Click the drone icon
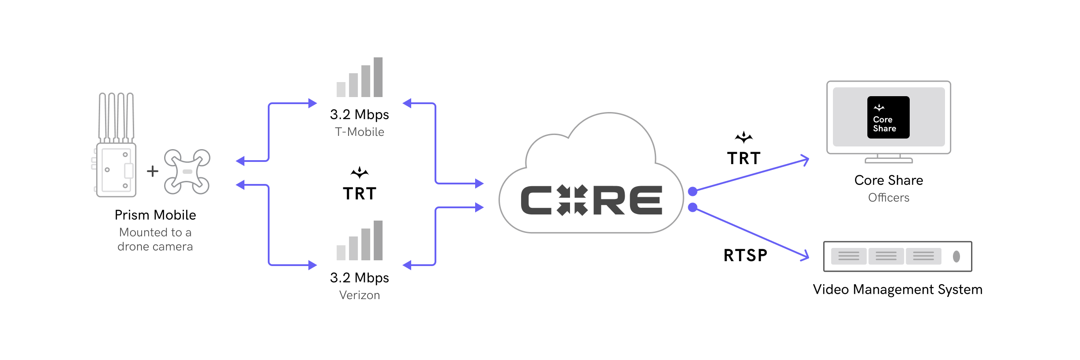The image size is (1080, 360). click(x=187, y=172)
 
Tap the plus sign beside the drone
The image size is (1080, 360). click(x=153, y=171)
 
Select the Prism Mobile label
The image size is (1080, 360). click(x=155, y=215)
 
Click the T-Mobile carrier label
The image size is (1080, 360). click(x=359, y=132)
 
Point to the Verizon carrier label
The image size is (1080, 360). click(x=359, y=295)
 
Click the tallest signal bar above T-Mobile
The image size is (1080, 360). click(x=378, y=77)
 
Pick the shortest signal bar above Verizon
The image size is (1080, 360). click(x=341, y=252)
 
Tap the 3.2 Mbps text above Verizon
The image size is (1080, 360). click(x=359, y=278)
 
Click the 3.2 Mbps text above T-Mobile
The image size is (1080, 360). click(x=359, y=115)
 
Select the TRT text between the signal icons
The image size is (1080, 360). click(x=360, y=194)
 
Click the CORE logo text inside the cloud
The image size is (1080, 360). click(x=591, y=200)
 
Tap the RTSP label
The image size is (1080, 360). click(x=746, y=255)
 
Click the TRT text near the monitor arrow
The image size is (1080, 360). click(x=744, y=158)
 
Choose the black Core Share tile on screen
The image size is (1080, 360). click(x=888, y=117)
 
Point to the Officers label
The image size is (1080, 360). click(x=889, y=198)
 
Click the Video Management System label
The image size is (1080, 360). click(x=897, y=289)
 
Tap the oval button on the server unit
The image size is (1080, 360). click(x=956, y=256)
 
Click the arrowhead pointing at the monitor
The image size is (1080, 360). click(x=805, y=160)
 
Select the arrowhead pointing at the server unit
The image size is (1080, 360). click(x=805, y=256)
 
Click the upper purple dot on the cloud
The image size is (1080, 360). click(x=693, y=191)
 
